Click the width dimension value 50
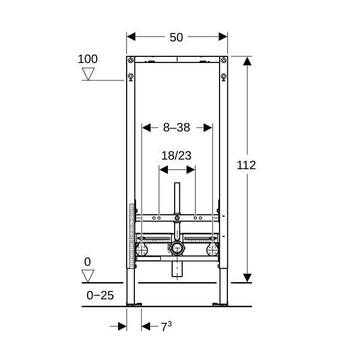point(176,37)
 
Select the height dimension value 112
point(246,165)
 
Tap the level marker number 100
point(88,59)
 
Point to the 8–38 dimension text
point(176,127)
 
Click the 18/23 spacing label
point(176,155)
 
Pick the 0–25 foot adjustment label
point(100,295)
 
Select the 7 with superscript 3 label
point(166,326)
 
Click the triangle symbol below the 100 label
point(88,74)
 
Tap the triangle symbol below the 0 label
point(88,276)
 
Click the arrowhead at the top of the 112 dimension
point(247,61)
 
